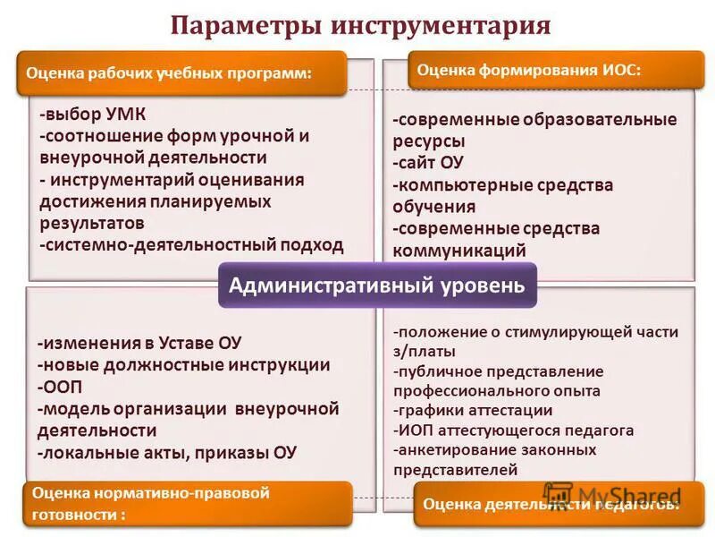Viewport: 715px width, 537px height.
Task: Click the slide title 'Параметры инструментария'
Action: [x=360, y=23]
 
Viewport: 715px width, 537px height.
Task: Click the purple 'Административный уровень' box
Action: [x=377, y=286]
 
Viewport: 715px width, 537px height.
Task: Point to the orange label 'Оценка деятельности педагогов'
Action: [x=551, y=504]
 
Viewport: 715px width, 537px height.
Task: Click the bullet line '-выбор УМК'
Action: [x=93, y=115]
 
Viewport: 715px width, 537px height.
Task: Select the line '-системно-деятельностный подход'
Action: [x=191, y=244]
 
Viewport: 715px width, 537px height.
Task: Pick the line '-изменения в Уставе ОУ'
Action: [x=139, y=344]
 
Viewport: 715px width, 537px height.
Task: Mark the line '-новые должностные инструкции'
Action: [x=184, y=365]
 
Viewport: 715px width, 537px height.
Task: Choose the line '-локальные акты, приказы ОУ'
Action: [x=167, y=452]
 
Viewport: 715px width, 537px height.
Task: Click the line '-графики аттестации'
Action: [x=473, y=411]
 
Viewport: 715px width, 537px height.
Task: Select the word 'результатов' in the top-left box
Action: [x=92, y=222]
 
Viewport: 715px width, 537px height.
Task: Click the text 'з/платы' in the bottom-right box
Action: [x=425, y=351]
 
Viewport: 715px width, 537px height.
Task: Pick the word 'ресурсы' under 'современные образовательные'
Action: [x=429, y=141]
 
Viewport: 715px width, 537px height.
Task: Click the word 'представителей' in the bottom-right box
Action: [x=454, y=469]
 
